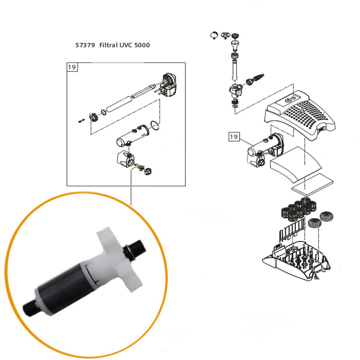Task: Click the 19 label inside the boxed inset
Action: [x=72, y=68]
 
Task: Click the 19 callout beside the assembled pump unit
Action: [x=234, y=136]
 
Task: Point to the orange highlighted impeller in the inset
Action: [x=136, y=166]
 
